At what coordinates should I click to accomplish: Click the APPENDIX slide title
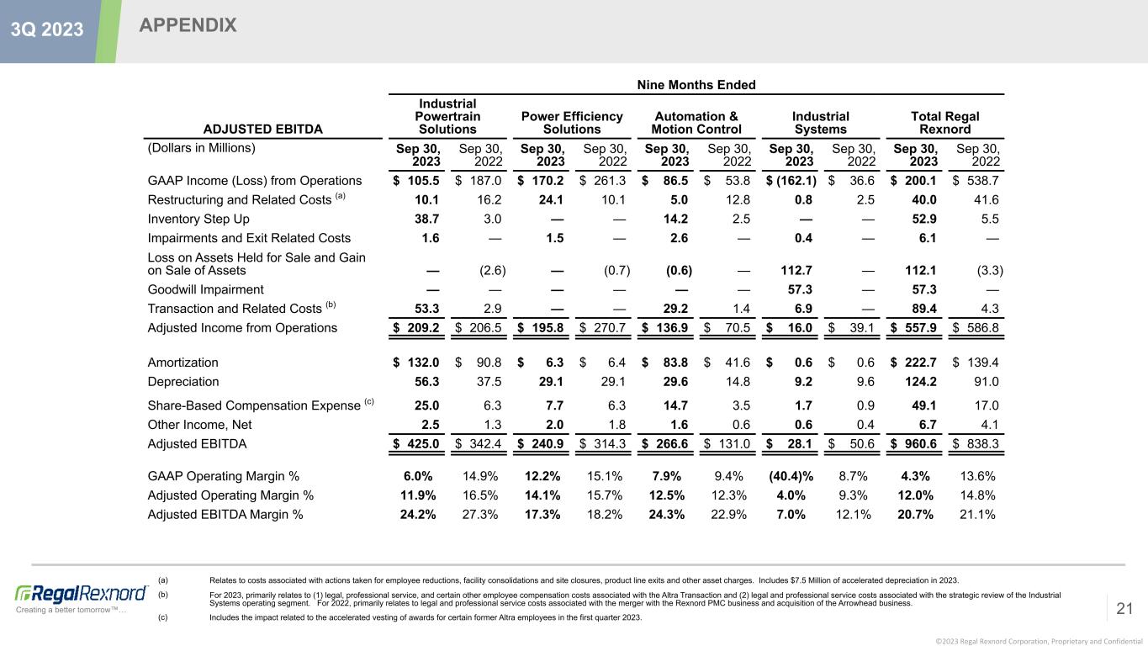click(x=188, y=26)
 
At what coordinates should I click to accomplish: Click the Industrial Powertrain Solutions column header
click(x=447, y=116)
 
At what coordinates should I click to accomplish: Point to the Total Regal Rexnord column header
click(x=945, y=123)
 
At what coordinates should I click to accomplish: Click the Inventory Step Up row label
click(x=198, y=219)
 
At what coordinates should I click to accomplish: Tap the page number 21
click(x=1125, y=608)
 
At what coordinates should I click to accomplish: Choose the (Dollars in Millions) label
click(x=201, y=148)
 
